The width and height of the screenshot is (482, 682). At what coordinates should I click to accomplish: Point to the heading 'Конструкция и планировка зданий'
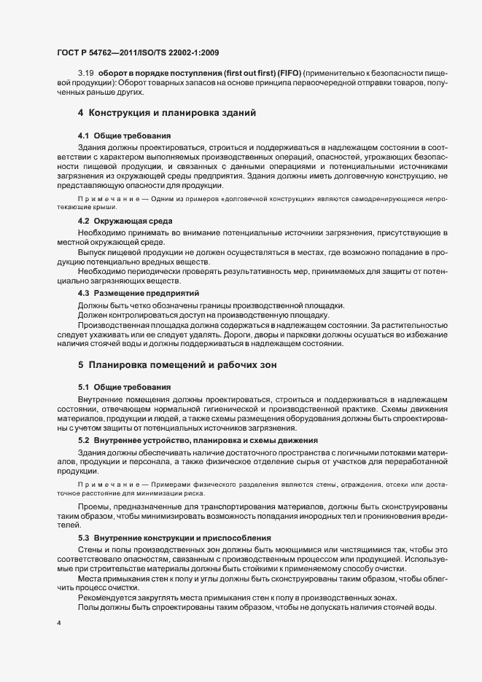[171, 113]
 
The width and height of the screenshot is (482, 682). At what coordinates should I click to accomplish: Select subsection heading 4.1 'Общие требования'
[125, 136]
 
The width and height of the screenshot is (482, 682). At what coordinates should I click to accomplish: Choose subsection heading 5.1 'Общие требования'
[125, 386]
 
